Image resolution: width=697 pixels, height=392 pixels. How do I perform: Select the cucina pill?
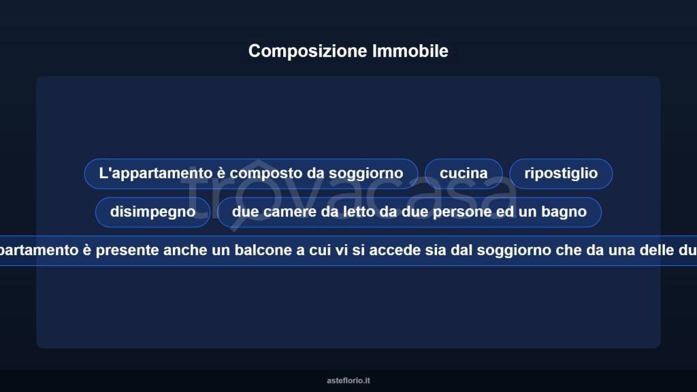(x=464, y=174)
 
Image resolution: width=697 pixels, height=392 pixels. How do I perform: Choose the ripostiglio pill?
(x=561, y=174)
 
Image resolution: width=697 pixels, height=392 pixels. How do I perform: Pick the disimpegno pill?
(x=152, y=212)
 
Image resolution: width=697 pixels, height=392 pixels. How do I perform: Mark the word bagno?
(x=563, y=212)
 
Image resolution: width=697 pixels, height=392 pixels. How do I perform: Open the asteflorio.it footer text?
(x=348, y=381)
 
